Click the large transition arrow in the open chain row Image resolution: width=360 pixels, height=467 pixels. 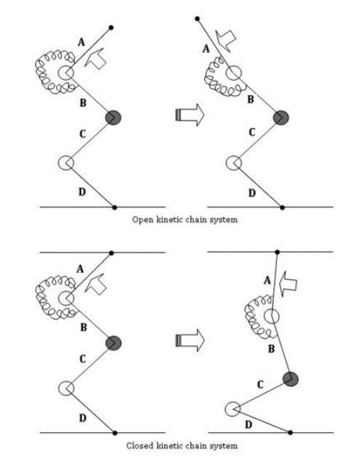190,115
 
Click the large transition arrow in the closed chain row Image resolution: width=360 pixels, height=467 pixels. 190,340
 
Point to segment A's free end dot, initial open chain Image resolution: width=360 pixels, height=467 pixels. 111,28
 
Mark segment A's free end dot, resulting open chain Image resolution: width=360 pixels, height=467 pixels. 197,19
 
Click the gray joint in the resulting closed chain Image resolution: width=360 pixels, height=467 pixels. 291,379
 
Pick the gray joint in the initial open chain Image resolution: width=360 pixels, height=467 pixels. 113,117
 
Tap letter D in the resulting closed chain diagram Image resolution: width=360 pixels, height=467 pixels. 248,424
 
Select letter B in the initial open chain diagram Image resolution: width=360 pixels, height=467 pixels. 83,103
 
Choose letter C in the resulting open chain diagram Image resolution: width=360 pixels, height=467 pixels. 252,132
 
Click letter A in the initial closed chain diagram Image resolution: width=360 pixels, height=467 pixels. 80,269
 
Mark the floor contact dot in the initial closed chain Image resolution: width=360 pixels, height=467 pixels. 115,433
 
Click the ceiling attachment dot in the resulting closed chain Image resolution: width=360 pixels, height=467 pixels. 277,252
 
